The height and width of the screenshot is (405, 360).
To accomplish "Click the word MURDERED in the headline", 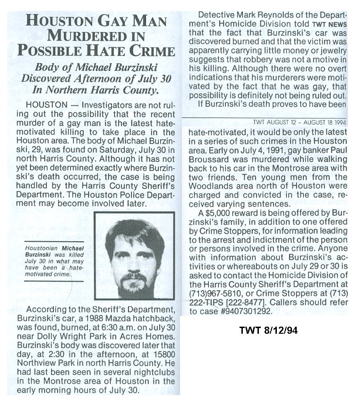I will pos(91,36).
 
